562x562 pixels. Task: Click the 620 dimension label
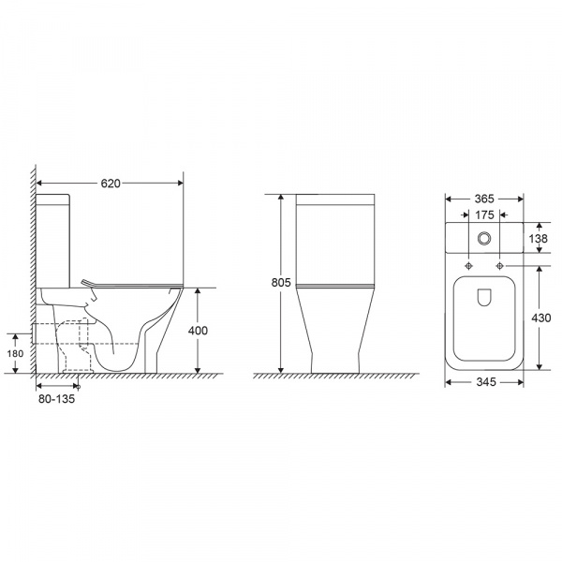click(x=111, y=184)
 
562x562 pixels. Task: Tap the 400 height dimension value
click(x=198, y=331)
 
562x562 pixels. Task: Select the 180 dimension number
click(x=15, y=354)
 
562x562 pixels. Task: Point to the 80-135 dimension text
click(x=56, y=399)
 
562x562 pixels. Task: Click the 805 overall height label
click(x=281, y=283)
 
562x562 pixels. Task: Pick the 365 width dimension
click(x=484, y=199)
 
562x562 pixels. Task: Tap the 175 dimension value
click(x=484, y=215)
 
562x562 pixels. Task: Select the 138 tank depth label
click(x=539, y=239)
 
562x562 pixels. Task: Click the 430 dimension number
click(x=541, y=318)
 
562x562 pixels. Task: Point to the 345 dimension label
click(x=486, y=382)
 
